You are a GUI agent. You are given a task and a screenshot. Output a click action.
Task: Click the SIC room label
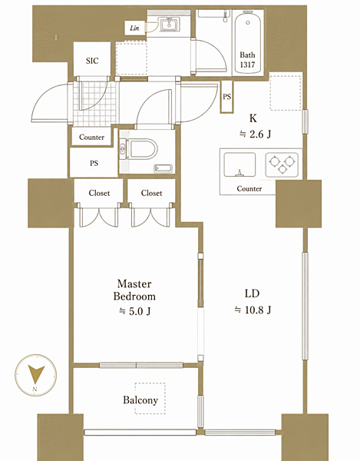92,61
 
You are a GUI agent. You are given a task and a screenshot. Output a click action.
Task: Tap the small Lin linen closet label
134,28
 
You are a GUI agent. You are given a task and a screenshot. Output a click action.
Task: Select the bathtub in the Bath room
247,41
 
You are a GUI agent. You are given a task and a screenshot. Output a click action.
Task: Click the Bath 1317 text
247,60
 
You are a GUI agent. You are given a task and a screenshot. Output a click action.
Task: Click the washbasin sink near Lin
169,24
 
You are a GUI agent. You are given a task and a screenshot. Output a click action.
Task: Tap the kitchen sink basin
239,164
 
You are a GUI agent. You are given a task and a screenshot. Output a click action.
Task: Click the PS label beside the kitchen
226,97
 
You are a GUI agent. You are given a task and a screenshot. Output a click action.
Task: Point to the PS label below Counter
94,163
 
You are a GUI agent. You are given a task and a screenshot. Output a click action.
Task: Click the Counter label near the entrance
91,138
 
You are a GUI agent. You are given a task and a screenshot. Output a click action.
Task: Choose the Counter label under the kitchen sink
249,188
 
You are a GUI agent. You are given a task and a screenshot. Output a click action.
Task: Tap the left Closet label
99,193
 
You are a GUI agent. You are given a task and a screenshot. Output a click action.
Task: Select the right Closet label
151,193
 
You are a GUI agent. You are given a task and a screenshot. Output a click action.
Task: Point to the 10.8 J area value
253,310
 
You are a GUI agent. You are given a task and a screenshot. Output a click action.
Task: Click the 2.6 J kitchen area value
255,134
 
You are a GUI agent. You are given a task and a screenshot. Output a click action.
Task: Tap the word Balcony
140,400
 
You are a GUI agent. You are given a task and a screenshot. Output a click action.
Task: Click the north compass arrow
36,373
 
